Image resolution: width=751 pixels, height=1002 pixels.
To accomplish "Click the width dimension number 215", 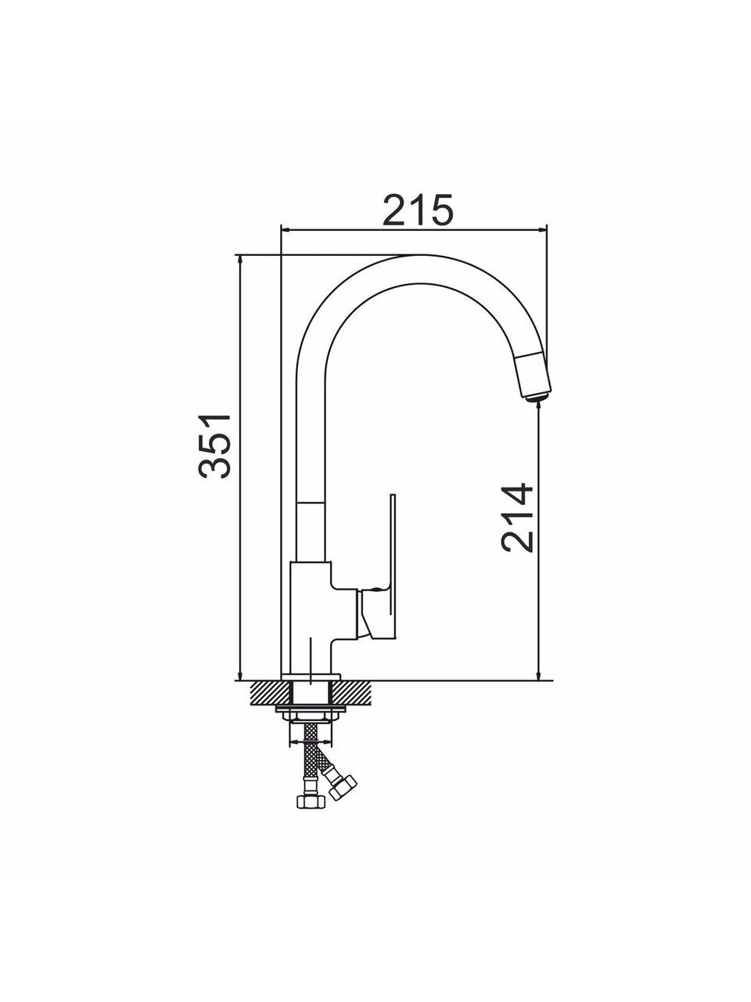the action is pos(418,211).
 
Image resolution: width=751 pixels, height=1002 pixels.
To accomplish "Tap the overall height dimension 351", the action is pos(214,446).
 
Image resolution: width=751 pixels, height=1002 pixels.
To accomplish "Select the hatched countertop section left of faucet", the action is pos(271,704).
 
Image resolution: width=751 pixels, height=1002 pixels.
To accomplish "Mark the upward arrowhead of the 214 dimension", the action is pos(539,409).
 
